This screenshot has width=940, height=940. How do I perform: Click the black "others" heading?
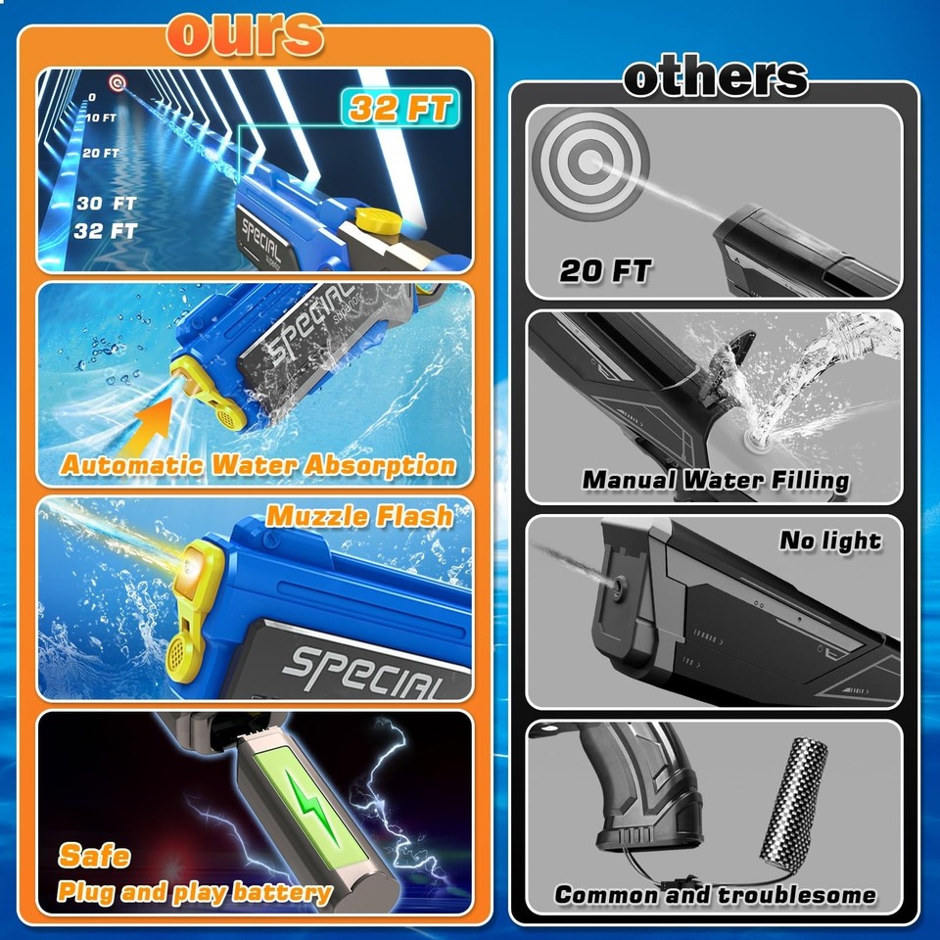[x=716, y=77]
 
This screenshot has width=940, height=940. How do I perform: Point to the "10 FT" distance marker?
[x=100, y=117]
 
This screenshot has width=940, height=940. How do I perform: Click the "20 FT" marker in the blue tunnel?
[x=100, y=154]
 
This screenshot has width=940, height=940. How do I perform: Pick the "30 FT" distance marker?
[x=106, y=204]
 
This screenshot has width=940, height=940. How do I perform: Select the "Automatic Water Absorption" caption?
[x=258, y=464]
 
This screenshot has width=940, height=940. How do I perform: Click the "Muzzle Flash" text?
[x=360, y=515]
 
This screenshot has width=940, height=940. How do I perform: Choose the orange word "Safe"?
[x=94, y=855]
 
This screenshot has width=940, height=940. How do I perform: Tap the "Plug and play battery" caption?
[x=194, y=892]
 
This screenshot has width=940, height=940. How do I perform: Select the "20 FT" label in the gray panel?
[x=605, y=271]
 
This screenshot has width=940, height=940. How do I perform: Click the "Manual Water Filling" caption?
[x=716, y=480]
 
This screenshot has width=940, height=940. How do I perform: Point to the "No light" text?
[x=829, y=540]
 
